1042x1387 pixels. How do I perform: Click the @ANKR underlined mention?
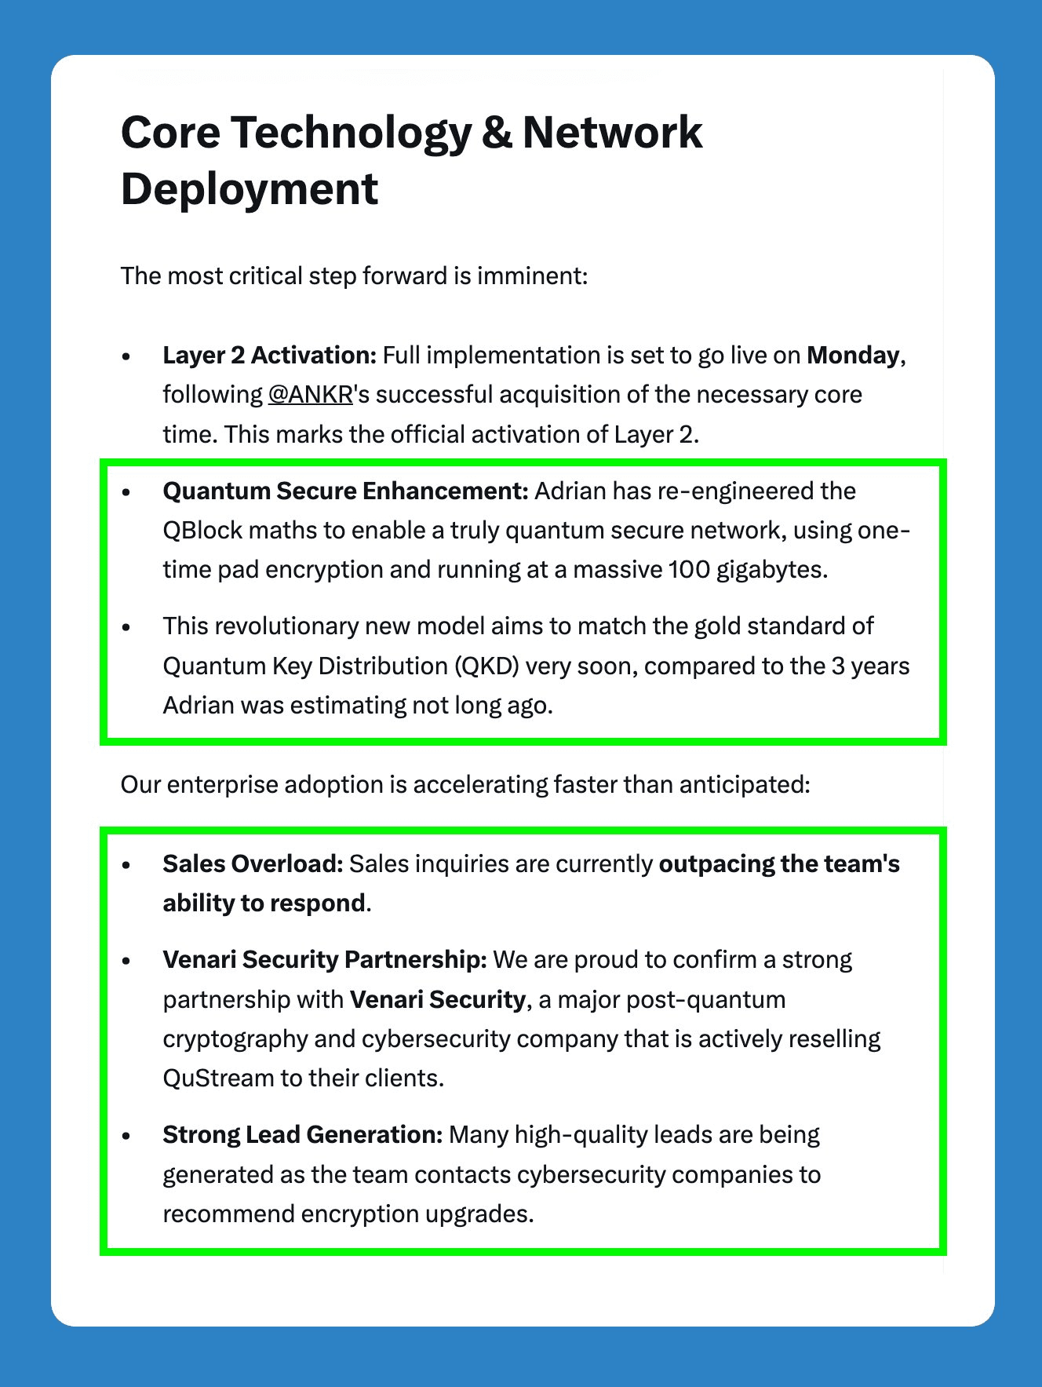pyautogui.click(x=310, y=394)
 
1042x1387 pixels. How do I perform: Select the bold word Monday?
pyautogui.click(x=853, y=355)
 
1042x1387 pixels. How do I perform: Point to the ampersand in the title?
pyautogui.click(x=496, y=132)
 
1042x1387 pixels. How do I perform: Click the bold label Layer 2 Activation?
pyautogui.click(x=270, y=355)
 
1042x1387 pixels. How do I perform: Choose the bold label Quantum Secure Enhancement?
pyautogui.click(x=345, y=491)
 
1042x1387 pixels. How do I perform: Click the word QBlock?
pyautogui.click(x=202, y=531)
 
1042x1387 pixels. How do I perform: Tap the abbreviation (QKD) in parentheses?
pyautogui.click(x=486, y=666)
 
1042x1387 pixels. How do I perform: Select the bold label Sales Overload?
pyautogui.click(x=253, y=863)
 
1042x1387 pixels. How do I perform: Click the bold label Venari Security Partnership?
pyautogui.click(x=325, y=959)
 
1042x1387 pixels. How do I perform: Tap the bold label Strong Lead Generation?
pyautogui.click(x=303, y=1134)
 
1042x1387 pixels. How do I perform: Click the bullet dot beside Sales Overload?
pyautogui.click(x=126, y=864)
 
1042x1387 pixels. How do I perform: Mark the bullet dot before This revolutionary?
pyautogui.click(x=126, y=626)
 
